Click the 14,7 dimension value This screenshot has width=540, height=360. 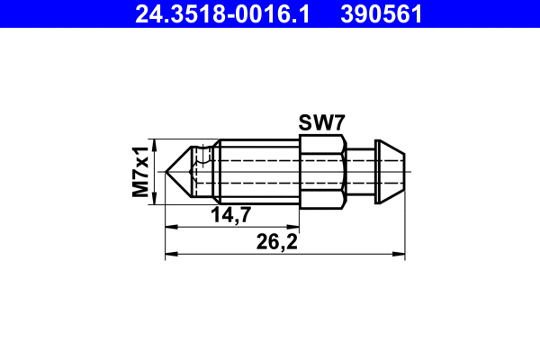[230, 214]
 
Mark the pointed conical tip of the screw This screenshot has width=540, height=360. [181, 169]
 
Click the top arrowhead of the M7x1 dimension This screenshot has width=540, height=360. [156, 144]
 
